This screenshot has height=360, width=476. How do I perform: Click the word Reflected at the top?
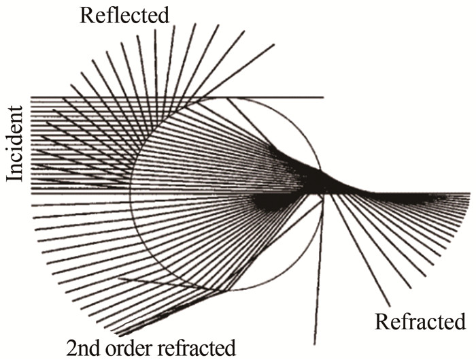point(124,15)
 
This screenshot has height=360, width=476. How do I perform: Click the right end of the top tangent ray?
point(323,97)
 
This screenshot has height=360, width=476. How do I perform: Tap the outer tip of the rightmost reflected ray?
point(275,45)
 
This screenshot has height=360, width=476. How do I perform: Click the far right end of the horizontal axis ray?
point(469,193)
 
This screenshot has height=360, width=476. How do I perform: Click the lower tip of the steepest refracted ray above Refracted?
point(390,306)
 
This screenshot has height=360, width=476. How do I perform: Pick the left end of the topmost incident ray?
point(31,97)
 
